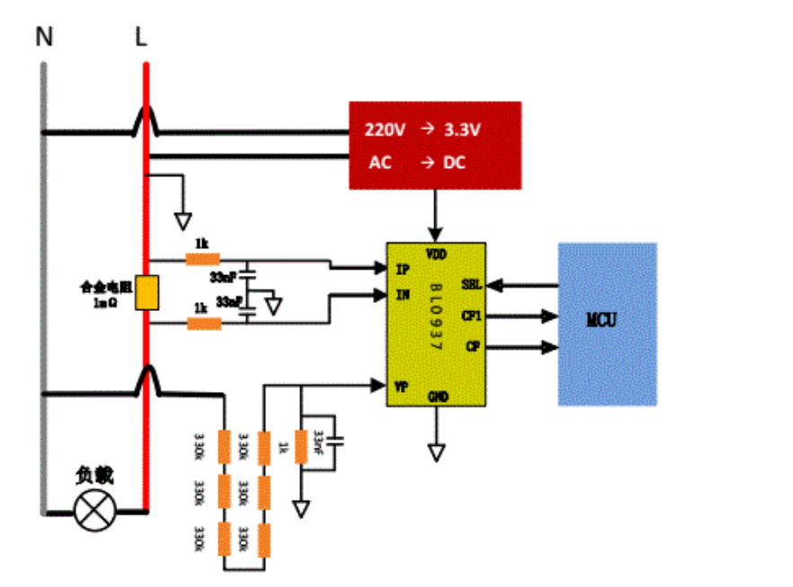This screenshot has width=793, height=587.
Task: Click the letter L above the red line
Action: [141, 37]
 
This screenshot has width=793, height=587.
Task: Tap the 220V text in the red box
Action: [385, 129]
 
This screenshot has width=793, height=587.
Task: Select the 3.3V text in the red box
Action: [462, 129]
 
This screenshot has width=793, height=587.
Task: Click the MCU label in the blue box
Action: [601, 320]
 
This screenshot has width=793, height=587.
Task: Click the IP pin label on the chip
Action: [402, 269]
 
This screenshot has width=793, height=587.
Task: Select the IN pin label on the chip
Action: [402, 294]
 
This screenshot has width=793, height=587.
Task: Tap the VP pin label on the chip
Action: [402, 387]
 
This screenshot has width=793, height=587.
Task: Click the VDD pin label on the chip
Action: [436, 254]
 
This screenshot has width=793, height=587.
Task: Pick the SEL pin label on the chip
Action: [471, 285]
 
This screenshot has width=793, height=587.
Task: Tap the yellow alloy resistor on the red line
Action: [147, 293]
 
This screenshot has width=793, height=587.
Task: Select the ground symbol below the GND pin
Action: [436, 452]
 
